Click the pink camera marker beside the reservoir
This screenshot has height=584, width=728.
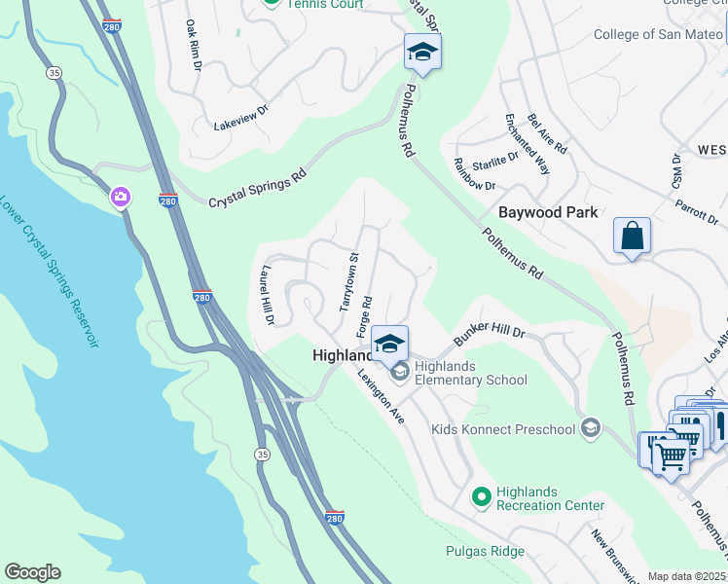point(121,198)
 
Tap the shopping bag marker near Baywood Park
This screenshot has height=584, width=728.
point(632,236)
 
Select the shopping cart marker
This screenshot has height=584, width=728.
point(671,455)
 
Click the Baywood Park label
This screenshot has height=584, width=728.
point(547,211)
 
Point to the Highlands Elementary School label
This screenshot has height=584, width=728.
point(470,373)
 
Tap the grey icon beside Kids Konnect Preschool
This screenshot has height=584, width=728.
point(590,428)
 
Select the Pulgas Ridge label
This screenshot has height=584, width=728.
point(486,551)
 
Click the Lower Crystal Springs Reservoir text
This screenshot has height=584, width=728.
point(48,273)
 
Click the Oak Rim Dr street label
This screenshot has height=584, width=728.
point(193,45)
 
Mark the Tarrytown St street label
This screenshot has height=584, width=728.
point(348,282)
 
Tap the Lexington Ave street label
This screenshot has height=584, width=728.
point(381,395)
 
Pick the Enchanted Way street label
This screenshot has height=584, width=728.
point(527,144)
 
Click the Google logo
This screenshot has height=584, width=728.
point(32,571)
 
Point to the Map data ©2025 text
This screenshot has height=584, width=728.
point(687,576)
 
